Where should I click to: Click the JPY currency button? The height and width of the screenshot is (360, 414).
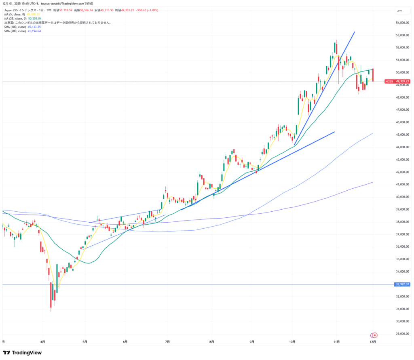[x=399, y=11]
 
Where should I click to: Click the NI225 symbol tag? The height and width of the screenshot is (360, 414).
[x=389, y=81]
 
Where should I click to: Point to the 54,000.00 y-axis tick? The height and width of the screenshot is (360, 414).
[x=402, y=23]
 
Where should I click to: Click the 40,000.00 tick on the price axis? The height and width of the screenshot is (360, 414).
[x=402, y=197]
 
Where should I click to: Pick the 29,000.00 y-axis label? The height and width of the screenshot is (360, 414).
[x=402, y=334]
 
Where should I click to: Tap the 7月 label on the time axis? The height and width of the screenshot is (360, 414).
[x=167, y=341]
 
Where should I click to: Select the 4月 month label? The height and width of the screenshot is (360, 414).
[x=43, y=341]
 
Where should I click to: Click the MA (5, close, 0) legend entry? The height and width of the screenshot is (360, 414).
[x=15, y=14]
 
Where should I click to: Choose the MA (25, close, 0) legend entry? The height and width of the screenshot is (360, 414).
[x=15, y=19]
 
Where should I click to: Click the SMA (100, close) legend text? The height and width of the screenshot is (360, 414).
[x=15, y=27]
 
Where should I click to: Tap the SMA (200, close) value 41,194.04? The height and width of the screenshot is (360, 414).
[x=34, y=31]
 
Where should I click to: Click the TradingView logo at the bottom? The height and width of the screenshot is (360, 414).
[x=22, y=352]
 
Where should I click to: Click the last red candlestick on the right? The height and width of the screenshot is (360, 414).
[x=373, y=75]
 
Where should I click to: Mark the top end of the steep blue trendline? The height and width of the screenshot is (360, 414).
[x=355, y=32]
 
